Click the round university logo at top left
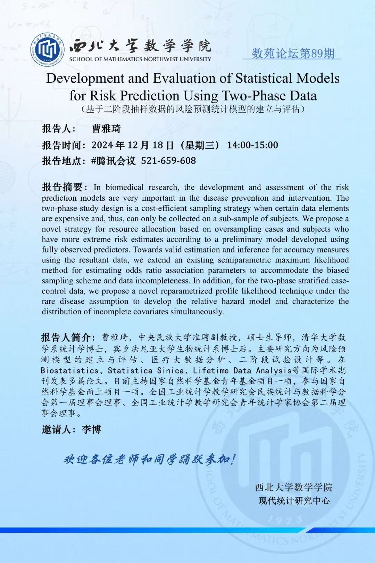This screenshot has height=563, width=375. (47, 50)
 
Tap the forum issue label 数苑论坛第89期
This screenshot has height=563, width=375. (293, 53)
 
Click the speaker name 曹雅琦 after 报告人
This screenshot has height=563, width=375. (106, 129)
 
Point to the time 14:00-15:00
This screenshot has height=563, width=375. (252, 145)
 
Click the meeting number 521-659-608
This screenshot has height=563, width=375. (168, 161)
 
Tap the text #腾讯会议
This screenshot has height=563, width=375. (114, 161)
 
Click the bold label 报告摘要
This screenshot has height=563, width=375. (62, 187)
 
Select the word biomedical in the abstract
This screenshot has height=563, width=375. (124, 187)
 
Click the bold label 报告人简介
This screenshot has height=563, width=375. (66, 337)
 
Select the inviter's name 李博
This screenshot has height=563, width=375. (91, 429)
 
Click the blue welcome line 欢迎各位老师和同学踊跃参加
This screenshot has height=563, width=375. (150, 459)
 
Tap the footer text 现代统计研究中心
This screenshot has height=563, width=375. (294, 501)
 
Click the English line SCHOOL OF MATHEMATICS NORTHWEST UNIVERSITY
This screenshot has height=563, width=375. (140, 59)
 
